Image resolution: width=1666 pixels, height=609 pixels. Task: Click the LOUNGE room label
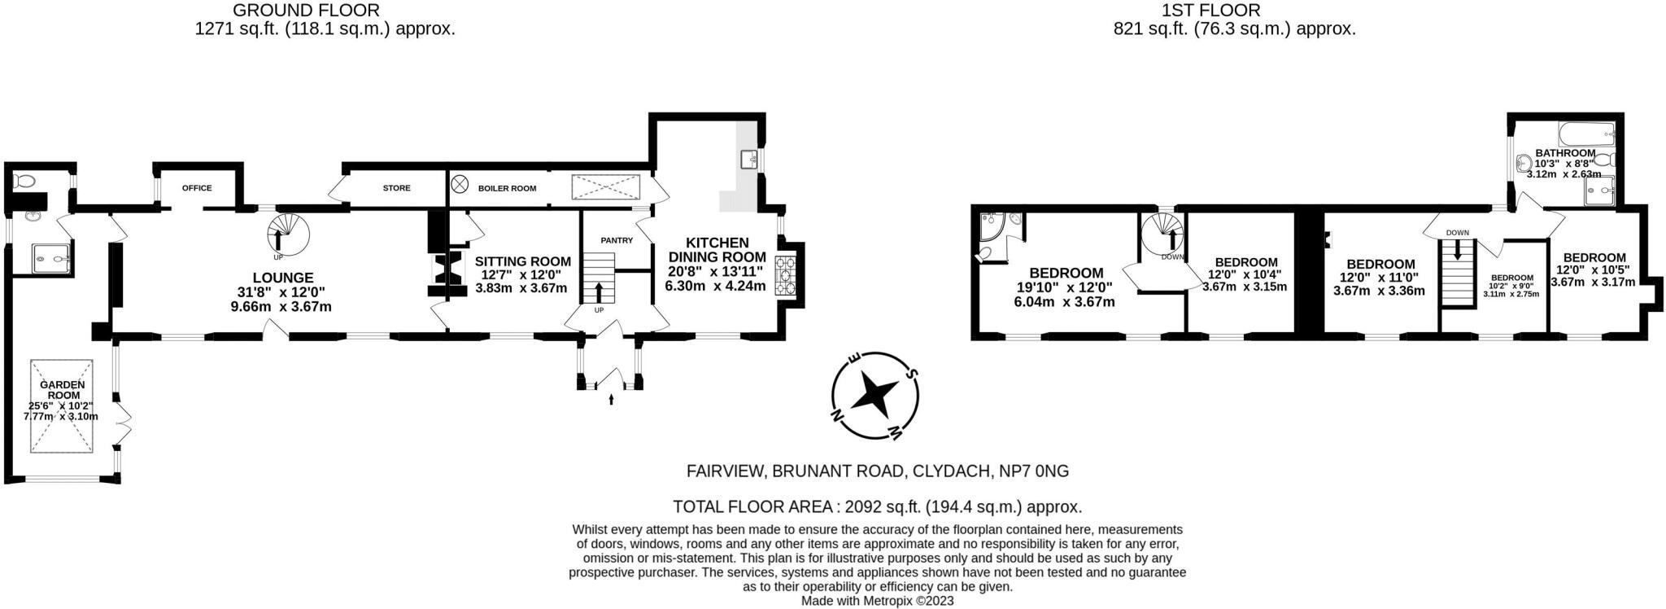[x=282, y=278]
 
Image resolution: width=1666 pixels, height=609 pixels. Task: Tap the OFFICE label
[x=197, y=188]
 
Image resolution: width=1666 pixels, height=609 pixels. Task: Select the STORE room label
[x=396, y=188]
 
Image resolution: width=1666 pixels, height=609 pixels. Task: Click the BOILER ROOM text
[x=507, y=188]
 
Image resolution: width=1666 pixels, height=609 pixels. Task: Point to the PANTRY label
[x=616, y=240]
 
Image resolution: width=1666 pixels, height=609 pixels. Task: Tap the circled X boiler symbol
[x=460, y=185]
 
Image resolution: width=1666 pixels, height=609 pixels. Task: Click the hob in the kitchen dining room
[x=787, y=275]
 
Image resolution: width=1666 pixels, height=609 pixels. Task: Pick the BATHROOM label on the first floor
[x=1564, y=153]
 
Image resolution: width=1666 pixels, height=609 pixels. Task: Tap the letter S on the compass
[x=912, y=375]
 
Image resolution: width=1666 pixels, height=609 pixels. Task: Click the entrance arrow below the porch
[x=611, y=398]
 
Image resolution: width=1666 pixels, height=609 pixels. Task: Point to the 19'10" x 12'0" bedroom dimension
[x=1064, y=287]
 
